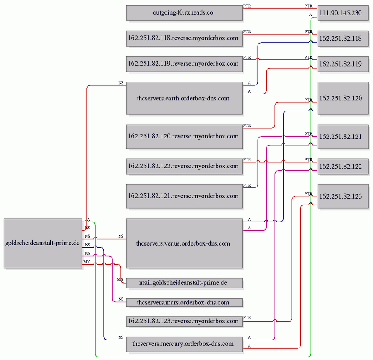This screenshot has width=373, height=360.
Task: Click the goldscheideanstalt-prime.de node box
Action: coord(43,243)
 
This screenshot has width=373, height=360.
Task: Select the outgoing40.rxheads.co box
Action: coord(184,13)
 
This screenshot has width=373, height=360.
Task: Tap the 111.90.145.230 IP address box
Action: coord(343,13)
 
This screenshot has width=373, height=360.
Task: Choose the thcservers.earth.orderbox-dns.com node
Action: coord(184,98)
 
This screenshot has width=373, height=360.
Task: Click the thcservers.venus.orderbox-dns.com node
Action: coord(184,243)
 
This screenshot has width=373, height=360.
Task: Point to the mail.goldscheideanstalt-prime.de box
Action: coord(184,283)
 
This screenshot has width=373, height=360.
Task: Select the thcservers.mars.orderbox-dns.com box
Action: coord(184,302)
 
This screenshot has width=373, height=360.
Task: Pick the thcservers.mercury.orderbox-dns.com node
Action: coord(184,344)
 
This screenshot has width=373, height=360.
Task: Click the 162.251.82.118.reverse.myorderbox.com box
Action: coord(184,38)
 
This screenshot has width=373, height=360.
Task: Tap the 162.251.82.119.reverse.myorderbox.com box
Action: coord(184,64)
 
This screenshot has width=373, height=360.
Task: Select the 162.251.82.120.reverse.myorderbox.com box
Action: coord(184,137)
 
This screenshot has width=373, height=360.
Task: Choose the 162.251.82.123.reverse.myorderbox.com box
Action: coord(184,321)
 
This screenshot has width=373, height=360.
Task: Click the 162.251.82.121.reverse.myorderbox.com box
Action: coord(184,196)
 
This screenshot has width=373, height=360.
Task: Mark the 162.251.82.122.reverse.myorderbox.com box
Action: coord(184,167)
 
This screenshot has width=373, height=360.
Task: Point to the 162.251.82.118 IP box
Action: coord(343,38)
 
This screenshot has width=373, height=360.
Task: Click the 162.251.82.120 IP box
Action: coord(343,98)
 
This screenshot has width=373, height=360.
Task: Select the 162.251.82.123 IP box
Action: coord(343,196)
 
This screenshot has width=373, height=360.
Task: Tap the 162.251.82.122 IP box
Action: coord(343,167)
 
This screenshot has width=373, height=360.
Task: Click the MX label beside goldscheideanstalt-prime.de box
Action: coord(87,262)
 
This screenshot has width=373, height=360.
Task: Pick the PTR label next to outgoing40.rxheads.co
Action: coord(247,6)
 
